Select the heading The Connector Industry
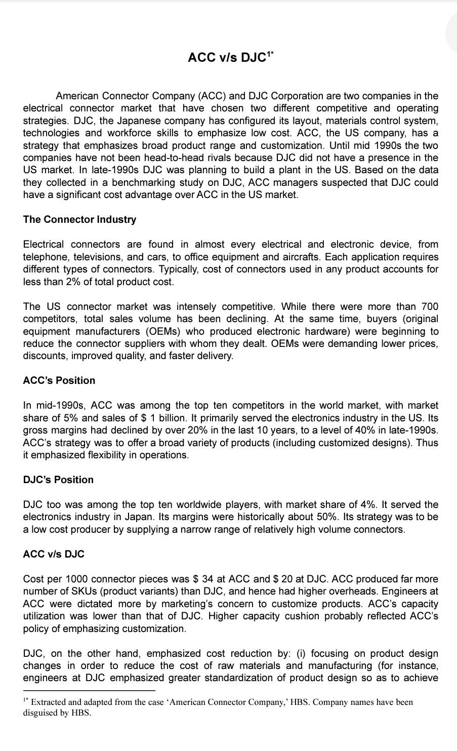(x=79, y=219)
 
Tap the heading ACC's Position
(x=59, y=380)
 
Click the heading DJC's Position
(x=58, y=480)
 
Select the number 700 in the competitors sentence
(x=429, y=306)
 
